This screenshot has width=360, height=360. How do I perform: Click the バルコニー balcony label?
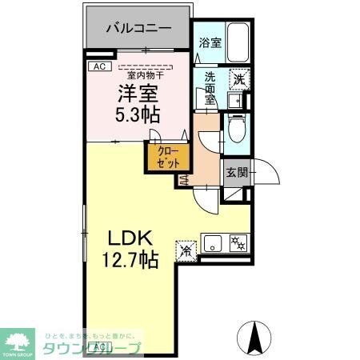coord(138,28)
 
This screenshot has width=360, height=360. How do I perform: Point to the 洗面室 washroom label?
coord(210,87)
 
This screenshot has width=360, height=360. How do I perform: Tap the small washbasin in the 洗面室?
coord(235,102)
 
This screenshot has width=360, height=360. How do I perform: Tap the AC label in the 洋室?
coord(99,67)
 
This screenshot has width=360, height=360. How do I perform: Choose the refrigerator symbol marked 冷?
coord(186,250)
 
